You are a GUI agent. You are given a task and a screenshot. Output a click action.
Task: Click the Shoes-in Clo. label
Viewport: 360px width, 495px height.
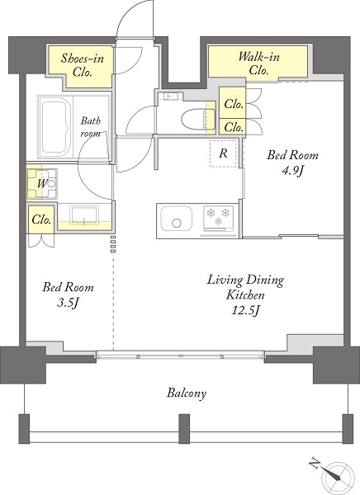[83, 65]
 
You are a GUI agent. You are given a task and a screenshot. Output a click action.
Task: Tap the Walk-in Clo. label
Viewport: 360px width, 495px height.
[259, 64]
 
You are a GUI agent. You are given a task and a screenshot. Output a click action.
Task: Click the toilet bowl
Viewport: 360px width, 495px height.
[198, 119]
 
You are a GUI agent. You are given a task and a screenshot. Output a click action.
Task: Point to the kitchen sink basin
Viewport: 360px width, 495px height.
[177, 219]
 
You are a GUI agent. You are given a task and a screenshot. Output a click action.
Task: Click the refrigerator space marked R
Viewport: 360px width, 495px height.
[223, 153]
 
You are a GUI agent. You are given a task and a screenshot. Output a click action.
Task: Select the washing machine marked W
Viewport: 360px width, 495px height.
[42, 183]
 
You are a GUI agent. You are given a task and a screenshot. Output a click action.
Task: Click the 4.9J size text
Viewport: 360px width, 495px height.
[292, 172]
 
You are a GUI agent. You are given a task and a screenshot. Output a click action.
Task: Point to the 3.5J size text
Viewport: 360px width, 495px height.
[68, 304]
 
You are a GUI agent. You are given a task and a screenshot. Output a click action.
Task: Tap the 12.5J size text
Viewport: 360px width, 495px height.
[245, 311]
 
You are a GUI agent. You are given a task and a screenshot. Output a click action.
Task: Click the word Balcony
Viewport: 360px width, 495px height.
[187, 394]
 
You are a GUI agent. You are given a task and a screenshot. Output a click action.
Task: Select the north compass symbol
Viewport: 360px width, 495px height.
[334, 475]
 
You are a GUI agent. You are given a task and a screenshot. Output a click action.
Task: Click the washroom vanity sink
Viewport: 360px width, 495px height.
[84, 215]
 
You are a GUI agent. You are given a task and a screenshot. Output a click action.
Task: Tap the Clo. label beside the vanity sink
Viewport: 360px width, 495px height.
[41, 219]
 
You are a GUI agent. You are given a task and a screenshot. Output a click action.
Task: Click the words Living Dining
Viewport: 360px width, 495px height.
[245, 280]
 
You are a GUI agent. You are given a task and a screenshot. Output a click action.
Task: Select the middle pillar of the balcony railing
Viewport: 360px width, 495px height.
[184, 429]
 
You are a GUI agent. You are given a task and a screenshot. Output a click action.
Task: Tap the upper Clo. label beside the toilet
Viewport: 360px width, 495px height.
[234, 104]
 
